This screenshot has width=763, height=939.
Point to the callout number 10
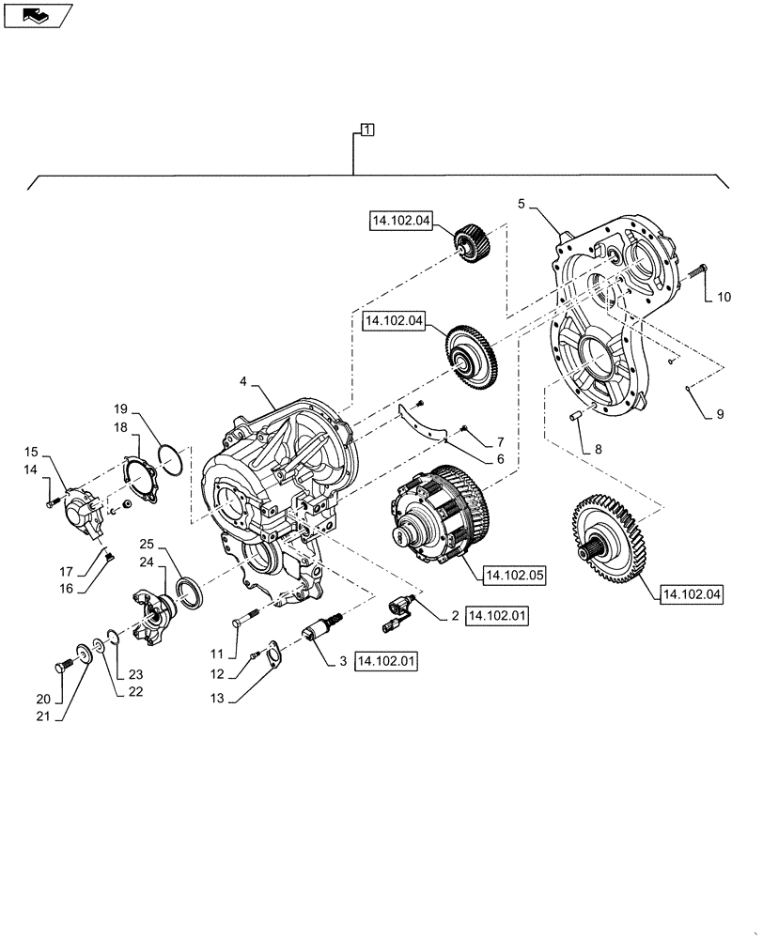pyautogui.click(x=723, y=298)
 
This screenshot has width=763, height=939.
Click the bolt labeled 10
pyautogui.click(x=697, y=271)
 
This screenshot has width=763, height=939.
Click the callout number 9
pyautogui.click(x=721, y=413)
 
